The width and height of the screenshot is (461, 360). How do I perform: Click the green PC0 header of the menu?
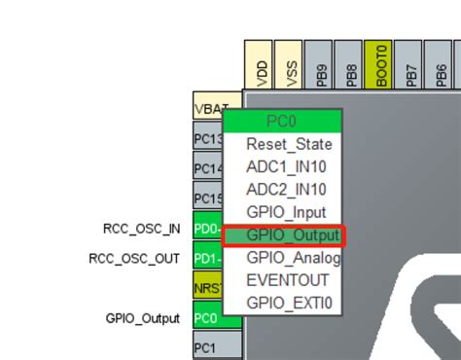click(282, 121)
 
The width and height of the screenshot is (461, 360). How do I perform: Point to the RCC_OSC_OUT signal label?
click(134, 258)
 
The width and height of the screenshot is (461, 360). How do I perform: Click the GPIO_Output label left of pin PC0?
click(143, 317)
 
